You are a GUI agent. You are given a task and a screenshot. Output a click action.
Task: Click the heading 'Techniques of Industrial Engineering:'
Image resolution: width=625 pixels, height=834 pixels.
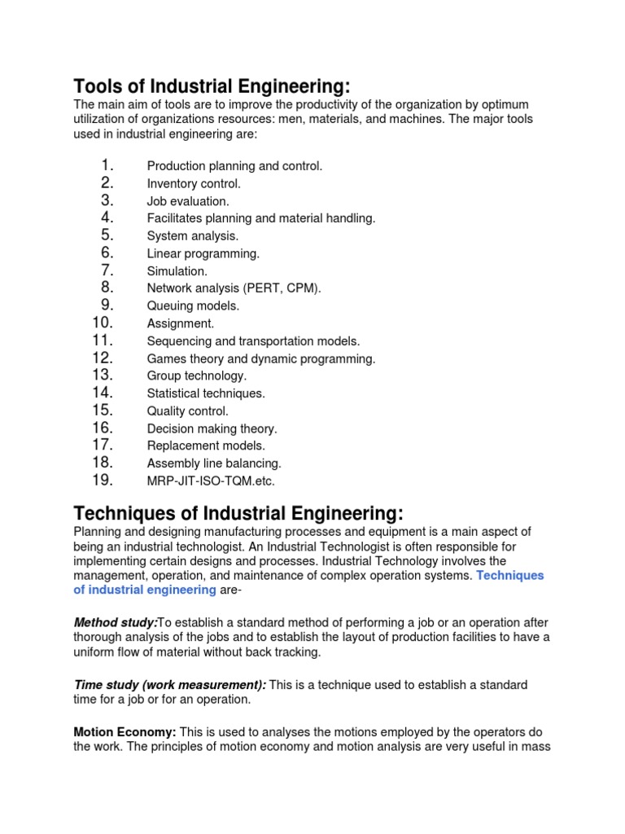(x=238, y=513)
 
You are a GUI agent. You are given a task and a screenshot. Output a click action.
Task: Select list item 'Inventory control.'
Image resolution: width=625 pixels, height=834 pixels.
(x=194, y=184)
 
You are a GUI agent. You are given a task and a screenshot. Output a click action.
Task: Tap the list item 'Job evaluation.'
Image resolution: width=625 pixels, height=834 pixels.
(x=188, y=201)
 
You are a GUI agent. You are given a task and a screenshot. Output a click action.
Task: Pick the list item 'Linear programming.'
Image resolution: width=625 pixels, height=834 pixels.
(x=203, y=253)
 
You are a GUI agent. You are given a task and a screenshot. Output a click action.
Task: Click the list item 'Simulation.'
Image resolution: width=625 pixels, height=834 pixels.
(x=177, y=271)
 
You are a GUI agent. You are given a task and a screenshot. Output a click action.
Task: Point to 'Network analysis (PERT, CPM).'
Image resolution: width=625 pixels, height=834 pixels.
(x=234, y=288)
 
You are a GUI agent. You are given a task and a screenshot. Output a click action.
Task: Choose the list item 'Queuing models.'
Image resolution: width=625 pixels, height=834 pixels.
(x=193, y=306)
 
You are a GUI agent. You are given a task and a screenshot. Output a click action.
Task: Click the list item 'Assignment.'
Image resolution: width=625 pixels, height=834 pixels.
(x=180, y=323)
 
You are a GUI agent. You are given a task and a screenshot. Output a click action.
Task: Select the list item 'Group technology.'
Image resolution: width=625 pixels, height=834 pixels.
(x=196, y=376)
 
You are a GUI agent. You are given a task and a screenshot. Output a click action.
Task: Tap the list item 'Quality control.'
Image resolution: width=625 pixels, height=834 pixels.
(x=187, y=411)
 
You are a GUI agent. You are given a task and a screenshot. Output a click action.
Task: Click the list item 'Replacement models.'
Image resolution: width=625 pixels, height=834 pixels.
(x=206, y=446)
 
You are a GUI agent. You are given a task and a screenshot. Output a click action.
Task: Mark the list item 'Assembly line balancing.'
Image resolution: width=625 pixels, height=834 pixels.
(x=214, y=463)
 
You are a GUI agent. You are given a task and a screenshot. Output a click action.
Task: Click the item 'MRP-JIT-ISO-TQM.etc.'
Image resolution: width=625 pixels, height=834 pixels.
(x=211, y=481)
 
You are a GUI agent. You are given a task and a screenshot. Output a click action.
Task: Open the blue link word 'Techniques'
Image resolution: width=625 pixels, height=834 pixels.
(x=509, y=576)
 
